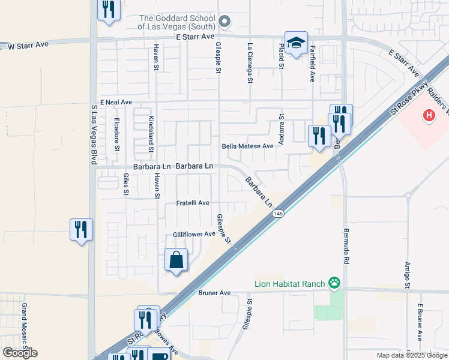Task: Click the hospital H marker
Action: [x=429, y=115]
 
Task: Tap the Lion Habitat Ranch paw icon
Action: [x=334, y=283]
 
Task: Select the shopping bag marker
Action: [x=176, y=260]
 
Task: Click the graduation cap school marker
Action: [x=296, y=43]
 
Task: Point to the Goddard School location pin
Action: [x=224, y=23]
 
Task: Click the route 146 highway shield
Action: [x=277, y=214]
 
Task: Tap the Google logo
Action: [x=20, y=353]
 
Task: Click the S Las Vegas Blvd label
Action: [x=94, y=135]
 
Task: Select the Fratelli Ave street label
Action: [x=192, y=203]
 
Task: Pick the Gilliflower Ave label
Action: [x=194, y=234]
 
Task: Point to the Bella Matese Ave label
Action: [x=247, y=146]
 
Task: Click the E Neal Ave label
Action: [x=116, y=103]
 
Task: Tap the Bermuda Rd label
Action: [x=346, y=246]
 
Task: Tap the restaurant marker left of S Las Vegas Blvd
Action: [x=81, y=230]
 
